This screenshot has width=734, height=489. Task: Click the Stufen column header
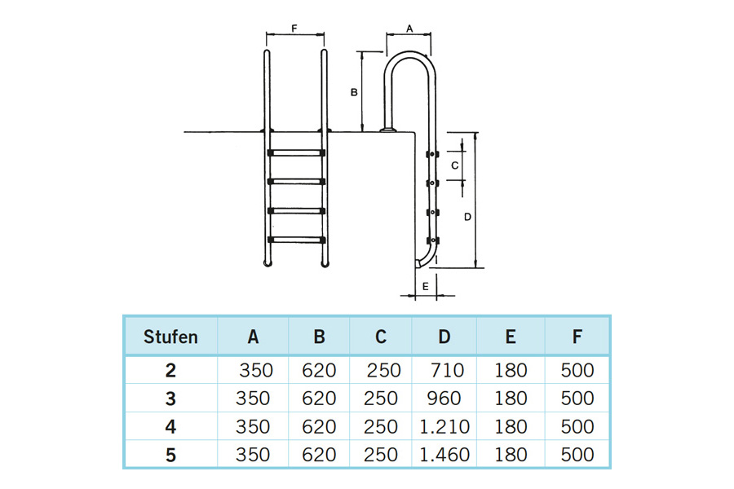(170, 336)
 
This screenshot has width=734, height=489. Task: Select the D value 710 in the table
(444, 371)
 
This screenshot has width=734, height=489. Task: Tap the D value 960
(444, 399)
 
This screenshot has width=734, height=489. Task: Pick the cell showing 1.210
(444, 426)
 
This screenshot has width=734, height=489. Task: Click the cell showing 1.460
(444, 454)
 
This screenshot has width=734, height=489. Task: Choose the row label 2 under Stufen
(170, 371)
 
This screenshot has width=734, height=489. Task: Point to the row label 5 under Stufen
(170, 454)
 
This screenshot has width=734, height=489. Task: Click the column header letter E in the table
(511, 336)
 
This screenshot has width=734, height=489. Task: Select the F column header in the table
(577, 336)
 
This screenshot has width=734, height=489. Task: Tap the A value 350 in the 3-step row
(253, 399)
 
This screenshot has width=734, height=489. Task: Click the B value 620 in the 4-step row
(319, 426)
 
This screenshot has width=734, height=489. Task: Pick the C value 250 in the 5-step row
(382, 454)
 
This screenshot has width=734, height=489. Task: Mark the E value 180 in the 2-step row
(511, 371)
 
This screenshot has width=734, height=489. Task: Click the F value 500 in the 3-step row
(577, 399)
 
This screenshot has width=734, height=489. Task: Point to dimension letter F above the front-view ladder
(294, 28)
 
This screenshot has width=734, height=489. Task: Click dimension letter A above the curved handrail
(409, 28)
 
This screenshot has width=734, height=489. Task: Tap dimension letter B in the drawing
(353, 93)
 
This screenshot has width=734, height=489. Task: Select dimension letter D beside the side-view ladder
(466, 216)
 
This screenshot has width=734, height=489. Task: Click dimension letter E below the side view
(425, 286)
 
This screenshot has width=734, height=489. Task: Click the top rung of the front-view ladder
(295, 152)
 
